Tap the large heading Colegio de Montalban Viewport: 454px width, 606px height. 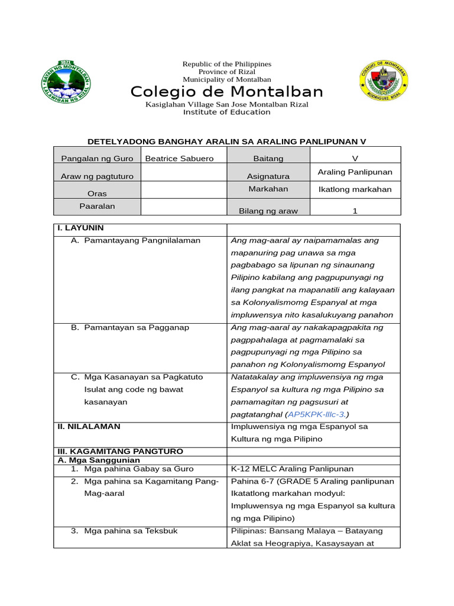tap(226, 92)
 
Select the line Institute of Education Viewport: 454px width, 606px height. tap(226, 112)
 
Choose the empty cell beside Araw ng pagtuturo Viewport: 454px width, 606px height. tap(184, 173)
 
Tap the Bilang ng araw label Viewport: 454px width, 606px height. tap(268, 211)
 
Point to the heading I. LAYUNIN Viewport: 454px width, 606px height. tap(80, 228)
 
